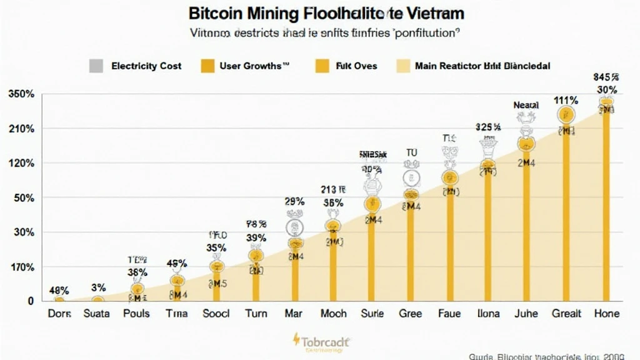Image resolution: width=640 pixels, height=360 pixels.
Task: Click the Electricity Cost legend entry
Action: click(x=146, y=66)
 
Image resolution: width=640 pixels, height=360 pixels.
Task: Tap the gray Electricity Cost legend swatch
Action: click(x=96, y=66)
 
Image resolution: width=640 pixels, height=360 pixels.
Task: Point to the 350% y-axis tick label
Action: click(x=21, y=94)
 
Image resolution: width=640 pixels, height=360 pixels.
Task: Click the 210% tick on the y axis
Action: click(x=21, y=129)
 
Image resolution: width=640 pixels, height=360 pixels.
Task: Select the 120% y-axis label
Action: click(x=21, y=164)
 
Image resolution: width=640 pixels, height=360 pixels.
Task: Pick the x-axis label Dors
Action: click(x=59, y=314)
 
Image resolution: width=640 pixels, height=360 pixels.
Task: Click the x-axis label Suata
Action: click(x=97, y=314)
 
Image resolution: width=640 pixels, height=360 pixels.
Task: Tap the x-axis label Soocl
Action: click(x=216, y=314)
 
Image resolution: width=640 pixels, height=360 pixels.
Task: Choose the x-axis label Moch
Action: click(x=333, y=314)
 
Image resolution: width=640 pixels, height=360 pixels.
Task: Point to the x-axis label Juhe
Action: click(x=526, y=314)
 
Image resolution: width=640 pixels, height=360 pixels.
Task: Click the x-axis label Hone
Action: click(x=606, y=314)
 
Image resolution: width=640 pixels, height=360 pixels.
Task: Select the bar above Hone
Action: click(x=606, y=206)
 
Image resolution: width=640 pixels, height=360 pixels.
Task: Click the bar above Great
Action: click(x=566, y=212)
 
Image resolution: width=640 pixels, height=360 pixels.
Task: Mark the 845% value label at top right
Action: click(x=606, y=77)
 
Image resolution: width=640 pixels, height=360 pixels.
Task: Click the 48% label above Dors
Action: click(x=59, y=291)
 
